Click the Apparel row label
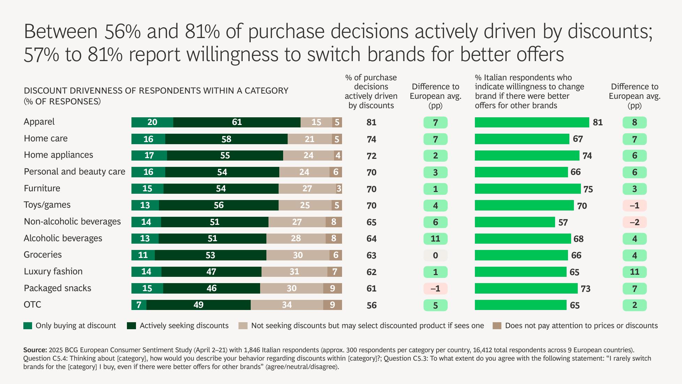click(x=39, y=122)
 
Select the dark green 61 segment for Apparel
click(x=237, y=122)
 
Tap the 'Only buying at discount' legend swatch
click(x=28, y=326)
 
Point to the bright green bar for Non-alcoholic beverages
click(x=515, y=222)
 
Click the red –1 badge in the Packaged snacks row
click(x=435, y=289)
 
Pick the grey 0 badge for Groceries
click(x=435, y=256)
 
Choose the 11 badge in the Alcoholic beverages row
click(x=435, y=239)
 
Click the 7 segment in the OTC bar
click(x=139, y=305)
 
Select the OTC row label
click(x=32, y=305)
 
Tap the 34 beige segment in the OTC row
click(x=287, y=305)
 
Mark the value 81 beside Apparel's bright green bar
click(x=598, y=123)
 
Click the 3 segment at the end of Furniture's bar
click(x=339, y=189)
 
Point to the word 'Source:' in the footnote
click(x=35, y=350)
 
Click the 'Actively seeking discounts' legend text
click(x=184, y=326)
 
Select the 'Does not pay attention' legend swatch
click(x=497, y=326)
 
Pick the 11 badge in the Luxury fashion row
click(x=635, y=272)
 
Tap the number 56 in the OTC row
click(x=371, y=305)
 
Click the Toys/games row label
click(x=47, y=205)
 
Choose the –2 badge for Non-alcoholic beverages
click(x=635, y=222)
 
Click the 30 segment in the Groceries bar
click(x=297, y=255)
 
